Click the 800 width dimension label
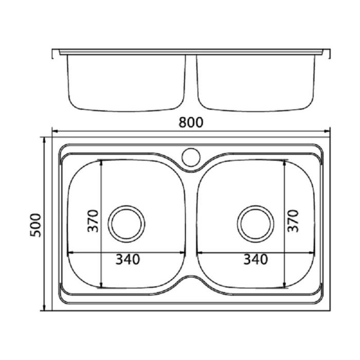[191, 122]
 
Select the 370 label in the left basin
[93, 221]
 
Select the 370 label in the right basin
[293, 221]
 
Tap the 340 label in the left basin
[127, 260]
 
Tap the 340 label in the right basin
[255, 260]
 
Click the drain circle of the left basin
[125, 222]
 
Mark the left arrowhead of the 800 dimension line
[55, 131]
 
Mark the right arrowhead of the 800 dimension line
[328, 131]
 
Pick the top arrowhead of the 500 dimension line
[45, 139]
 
